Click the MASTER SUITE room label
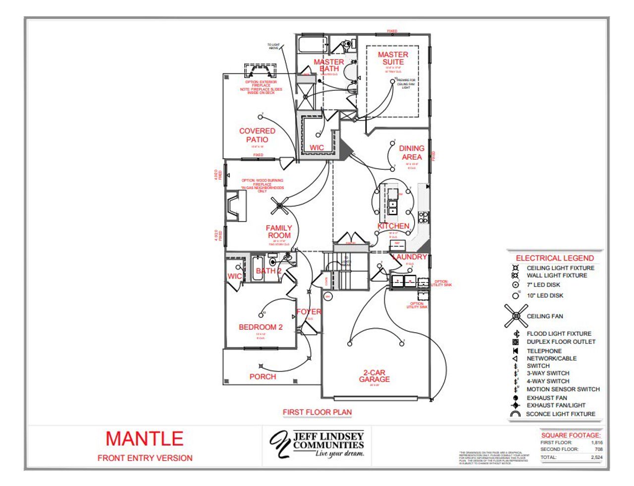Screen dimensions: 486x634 pyautogui.click(x=393, y=58)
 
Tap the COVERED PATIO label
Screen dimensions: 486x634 pyautogui.click(x=257, y=135)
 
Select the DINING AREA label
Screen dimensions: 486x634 pyautogui.click(x=412, y=152)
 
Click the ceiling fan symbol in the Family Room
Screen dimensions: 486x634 pyautogui.click(x=280, y=204)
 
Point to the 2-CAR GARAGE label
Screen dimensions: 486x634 pyautogui.click(x=374, y=376)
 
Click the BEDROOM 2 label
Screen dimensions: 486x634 pyautogui.click(x=261, y=327)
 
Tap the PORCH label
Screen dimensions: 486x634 pyautogui.click(x=263, y=377)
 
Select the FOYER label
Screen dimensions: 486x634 pyautogui.click(x=309, y=312)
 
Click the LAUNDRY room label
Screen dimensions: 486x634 pyautogui.click(x=410, y=257)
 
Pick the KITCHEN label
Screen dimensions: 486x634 pyautogui.click(x=393, y=226)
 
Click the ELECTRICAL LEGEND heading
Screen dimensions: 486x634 pyautogui.click(x=555, y=258)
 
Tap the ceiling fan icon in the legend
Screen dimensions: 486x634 pyautogui.click(x=516, y=316)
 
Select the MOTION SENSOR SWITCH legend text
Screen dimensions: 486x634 pyautogui.click(x=563, y=389)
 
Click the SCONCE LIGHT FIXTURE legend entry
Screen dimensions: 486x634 pyautogui.click(x=561, y=414)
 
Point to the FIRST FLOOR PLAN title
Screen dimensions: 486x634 pyautogui.click(x=317, y=412)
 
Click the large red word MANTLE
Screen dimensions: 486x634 pyautogui.click(x=144, y=439)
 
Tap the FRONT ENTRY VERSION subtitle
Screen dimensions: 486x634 pyautogui.click(x=145, y=458)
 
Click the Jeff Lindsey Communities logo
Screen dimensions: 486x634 pyautogui.click(x=317, y=443)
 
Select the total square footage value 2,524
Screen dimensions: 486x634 pyautogui.click(x=596, y=457)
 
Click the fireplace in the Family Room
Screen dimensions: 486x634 pyautogui.click(x=236, y=205)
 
